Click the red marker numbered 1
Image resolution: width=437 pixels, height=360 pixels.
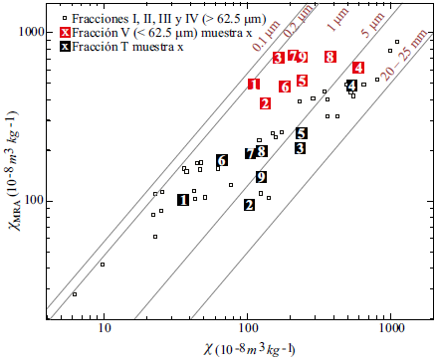click(254, 85)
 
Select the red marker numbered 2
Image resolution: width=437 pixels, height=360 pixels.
click(265, 102)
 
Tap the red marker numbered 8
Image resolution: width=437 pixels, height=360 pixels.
click(330, 58)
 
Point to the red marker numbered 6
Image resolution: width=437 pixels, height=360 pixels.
click(285, 87)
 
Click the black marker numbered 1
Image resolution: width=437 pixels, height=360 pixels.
click(183, 200)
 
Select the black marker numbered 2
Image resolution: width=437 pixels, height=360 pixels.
click(249, 205)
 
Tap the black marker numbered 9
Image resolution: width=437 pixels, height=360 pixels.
click(262, 177)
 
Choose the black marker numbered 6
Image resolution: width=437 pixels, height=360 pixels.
click(223, 160)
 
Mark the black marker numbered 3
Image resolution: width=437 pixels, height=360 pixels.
click(300, 148)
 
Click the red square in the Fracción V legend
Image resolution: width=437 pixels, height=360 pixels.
click(64, 33)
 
